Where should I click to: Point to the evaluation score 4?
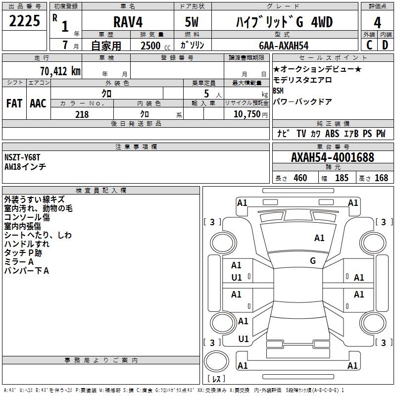point(377,23)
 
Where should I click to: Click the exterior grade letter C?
point(369,45)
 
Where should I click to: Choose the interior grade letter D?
point(385,45)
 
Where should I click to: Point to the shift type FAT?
point(14,103)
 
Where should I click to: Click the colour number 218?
point(82,114)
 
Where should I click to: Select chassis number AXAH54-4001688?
point(333,158)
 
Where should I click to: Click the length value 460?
point(300,178)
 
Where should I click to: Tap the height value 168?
point(381,178)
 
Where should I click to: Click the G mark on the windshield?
point(313,260)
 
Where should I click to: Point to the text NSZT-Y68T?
point(22,157)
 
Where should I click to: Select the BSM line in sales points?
point(278,91)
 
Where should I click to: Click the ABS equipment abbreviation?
point(332,134)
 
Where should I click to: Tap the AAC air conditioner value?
point(38,103)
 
